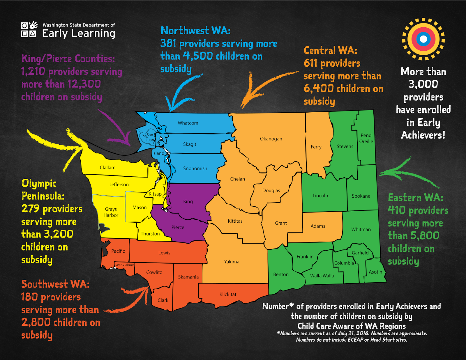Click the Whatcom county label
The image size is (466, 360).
(x=188, y=123)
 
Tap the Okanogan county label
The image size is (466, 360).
(x=271, y=139)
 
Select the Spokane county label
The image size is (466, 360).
(x=361, y=196)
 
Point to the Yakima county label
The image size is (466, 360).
(x=232, y=262)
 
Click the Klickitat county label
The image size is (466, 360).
(x=228, y=295)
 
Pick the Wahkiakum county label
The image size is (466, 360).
(x=125, y=265)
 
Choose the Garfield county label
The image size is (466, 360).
(x=360, y=253)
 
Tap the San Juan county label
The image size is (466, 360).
(x=150, y=137)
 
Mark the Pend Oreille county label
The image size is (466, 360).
(x=366, y=139)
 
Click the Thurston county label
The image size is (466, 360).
(x=150, y=234)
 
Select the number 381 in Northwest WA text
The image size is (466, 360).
(x=168, y=44)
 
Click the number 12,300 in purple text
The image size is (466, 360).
(x=84, y=84)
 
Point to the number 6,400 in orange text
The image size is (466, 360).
(x=319, y=89)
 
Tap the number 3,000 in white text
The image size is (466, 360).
(x=423, y=84)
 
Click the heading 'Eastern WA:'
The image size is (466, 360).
(x=415, y=198)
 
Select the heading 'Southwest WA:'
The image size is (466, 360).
(x=55, y=284)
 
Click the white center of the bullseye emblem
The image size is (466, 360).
(x=423, y=39)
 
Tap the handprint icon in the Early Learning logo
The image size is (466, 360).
(x=33, y=25)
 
